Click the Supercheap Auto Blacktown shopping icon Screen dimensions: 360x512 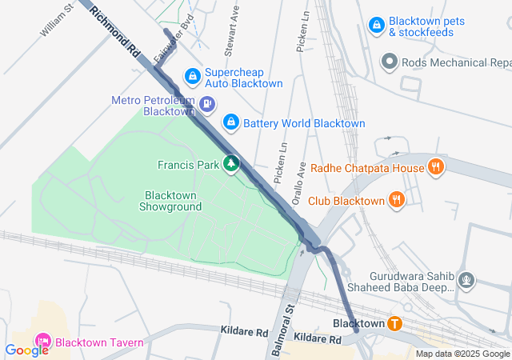click(x=192, y=77)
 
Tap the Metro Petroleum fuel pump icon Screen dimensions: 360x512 click(x=207, y=103)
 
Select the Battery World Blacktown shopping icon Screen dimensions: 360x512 click(x=230, y=122)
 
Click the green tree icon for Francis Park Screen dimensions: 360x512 click(x=231, y=164)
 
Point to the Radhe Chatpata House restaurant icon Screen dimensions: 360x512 click(x=435, y=167)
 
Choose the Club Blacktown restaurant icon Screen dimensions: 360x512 click(x=396, y=200)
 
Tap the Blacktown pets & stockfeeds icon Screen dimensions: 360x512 click(x=376, y=26)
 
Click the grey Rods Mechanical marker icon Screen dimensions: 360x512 click(x=390, y=62)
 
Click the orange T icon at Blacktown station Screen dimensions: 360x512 click(x=394, y=323)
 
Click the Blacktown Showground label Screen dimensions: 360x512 click(x=173, y=201)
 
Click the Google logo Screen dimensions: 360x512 click(x=26, y=350)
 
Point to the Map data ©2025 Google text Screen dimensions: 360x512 click(x=462, y=354)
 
